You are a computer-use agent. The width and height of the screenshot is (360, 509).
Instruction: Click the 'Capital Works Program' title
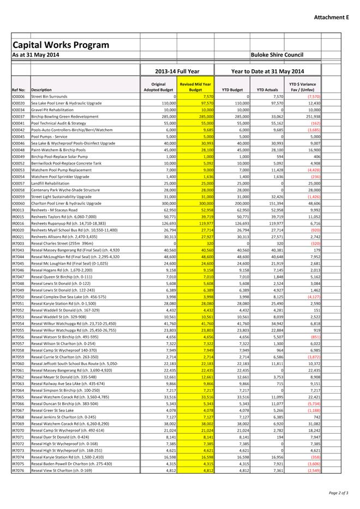point(61,45)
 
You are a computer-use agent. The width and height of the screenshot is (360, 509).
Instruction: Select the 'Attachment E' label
point(331,17)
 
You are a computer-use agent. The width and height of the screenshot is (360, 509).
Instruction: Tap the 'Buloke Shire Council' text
point(277,55)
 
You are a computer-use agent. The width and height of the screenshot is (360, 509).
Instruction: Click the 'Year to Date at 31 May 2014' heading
point(268,71)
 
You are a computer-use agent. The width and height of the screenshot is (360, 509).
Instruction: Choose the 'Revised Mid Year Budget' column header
point(195,87)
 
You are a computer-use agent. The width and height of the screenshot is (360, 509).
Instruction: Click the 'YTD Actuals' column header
point(268,90)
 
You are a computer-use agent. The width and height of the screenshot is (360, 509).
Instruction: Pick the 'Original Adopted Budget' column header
point(158,87)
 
